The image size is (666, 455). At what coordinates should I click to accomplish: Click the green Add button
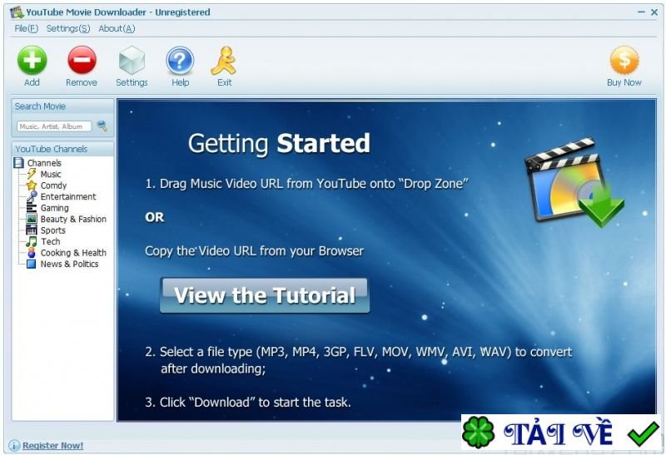point(32,61)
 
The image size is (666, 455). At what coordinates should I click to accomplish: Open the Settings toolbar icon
point(132,61)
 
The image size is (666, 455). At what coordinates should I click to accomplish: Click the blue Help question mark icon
point(180,61)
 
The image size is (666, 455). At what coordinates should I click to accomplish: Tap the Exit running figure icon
point(224,61)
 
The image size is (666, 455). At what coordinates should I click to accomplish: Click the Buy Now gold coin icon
point(624,61)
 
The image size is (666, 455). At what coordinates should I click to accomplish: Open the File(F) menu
point(26,28)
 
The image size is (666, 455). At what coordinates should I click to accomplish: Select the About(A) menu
point(117,28)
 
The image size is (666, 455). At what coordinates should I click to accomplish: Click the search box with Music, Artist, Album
point(54,126)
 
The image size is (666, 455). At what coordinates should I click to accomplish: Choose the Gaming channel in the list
point(55,208)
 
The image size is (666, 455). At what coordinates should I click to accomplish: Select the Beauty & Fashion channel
point(73,220)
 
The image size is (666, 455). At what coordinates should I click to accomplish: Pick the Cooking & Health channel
point(73,253)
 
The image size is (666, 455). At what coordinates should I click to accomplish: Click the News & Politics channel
point(69,265)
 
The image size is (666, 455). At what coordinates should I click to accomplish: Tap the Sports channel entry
point(53,230)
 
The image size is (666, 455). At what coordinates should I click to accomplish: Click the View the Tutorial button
point(265,295)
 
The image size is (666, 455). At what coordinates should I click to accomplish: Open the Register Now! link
point(52,446)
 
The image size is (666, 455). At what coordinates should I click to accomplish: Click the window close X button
point(654,12)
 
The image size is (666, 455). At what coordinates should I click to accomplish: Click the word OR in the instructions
point(155,217)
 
